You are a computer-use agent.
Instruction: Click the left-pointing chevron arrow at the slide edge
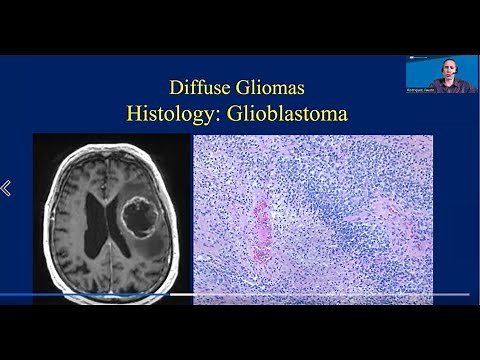tap(5, 188)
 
